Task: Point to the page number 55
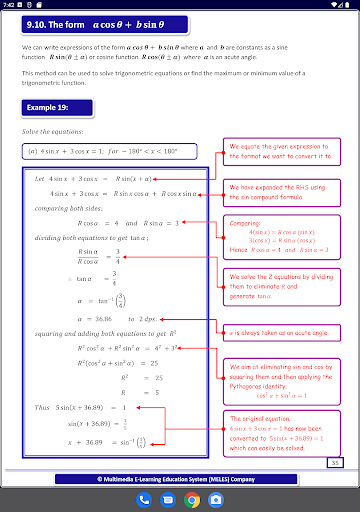[x=336, y=462]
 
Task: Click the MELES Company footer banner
[x=180, y=479]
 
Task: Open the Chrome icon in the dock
[x=192, y=499]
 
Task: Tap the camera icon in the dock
[x=216, y=499]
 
